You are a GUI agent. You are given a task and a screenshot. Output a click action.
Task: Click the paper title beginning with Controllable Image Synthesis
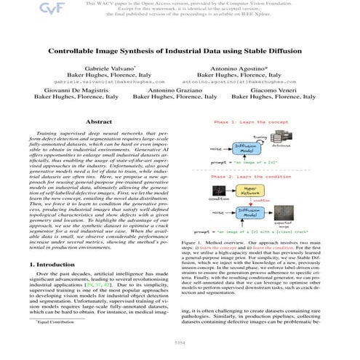click(180, 53)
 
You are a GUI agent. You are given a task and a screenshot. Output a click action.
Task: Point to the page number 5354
click(180, 340)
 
